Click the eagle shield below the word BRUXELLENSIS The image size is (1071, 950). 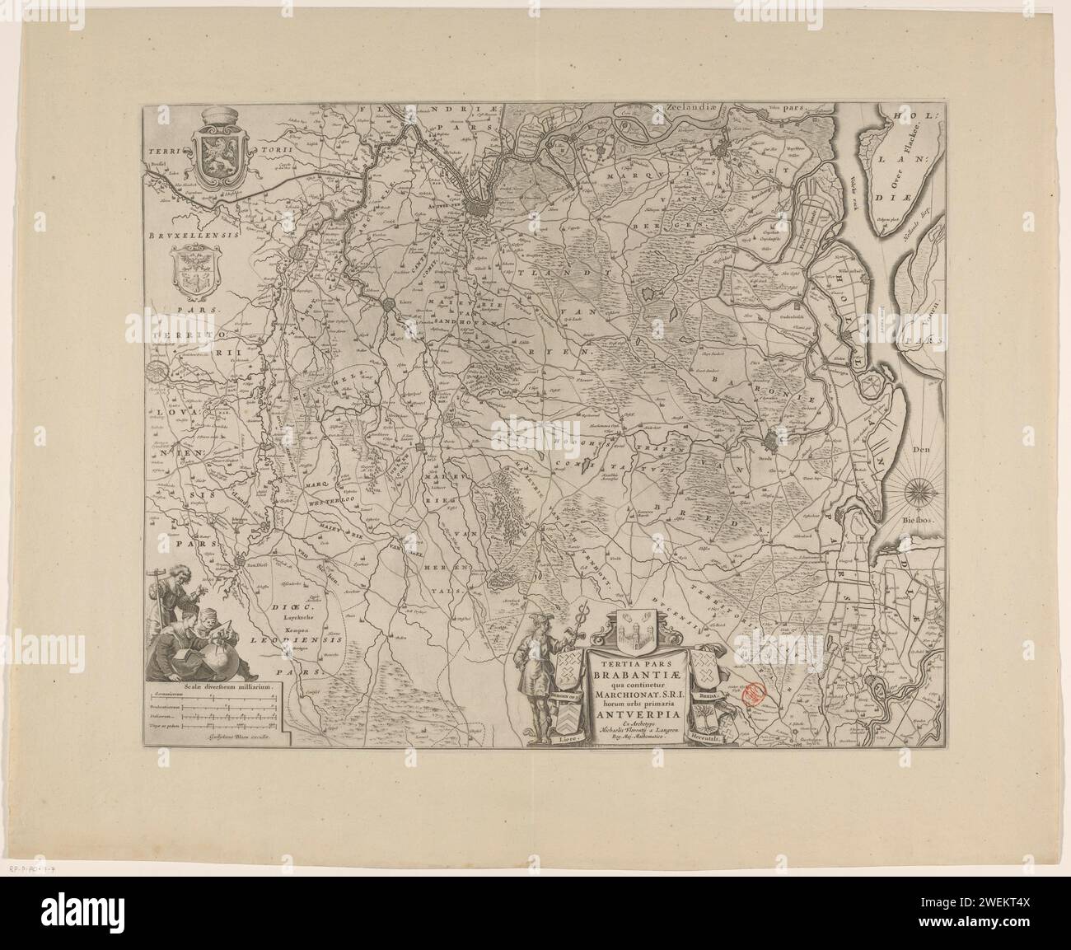(x=194, y=273)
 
